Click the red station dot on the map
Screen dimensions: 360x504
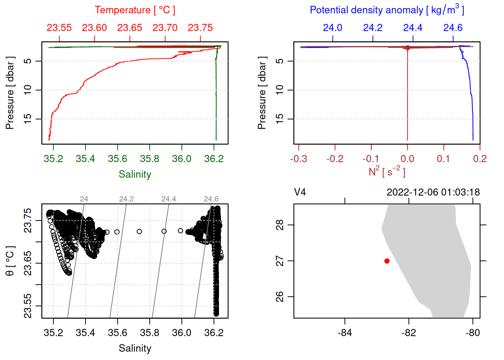tap(387, 261)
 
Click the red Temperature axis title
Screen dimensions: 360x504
tap(135, 10)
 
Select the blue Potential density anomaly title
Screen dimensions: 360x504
tap(387, 10)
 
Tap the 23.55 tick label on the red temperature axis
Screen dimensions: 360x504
tap(59, 28)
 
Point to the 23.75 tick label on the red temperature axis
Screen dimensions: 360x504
tap(200, 28)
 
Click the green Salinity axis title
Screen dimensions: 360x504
tap(135, 174)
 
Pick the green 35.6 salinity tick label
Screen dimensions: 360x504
tap(117, 159)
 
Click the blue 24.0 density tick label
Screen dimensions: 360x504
tap(333, 28)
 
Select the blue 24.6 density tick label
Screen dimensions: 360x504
tap(453, 28)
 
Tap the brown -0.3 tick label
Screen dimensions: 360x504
tap(298, 159)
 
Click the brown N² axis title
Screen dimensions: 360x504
tap(387, 172)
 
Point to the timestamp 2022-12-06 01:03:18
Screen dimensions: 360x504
tap(433, 192)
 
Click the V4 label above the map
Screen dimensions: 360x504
tap(300, 192)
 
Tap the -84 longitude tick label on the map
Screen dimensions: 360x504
tap(345, 333)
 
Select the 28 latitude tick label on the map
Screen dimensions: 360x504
tap(280, 225)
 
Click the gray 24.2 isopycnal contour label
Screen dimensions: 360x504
tap(126, 199)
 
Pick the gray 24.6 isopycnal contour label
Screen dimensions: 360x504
tap(211, 199)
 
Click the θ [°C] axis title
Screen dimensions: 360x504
tap(10, 261)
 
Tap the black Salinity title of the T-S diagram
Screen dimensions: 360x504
tap(135, 348)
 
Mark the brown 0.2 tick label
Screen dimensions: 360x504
tap(480, 159)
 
